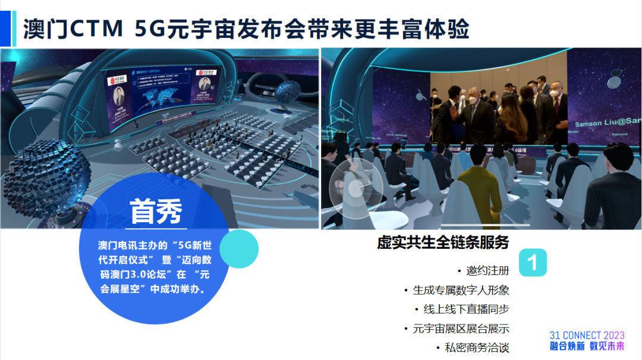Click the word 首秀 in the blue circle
coord(156,212)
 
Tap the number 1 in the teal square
coord(533,263)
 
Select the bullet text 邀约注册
coord(487,271)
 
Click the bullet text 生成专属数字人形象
coord(461,290)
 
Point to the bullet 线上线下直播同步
coord(466,310)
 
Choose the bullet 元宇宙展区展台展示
coord(461,329)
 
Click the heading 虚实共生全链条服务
coord(443,243)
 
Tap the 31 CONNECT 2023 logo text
coord(587,336)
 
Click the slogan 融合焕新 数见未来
coord(587,346)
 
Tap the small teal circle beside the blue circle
coord(240,249)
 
